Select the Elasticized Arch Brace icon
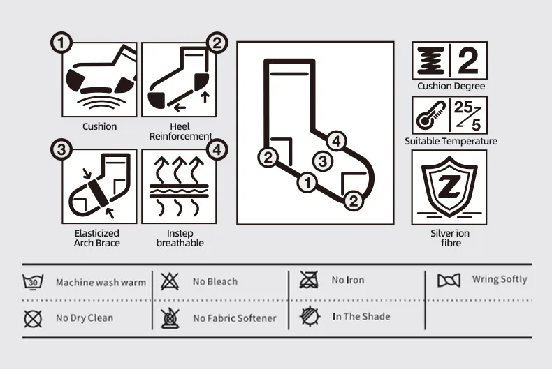(99, 186)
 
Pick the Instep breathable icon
(178, 186)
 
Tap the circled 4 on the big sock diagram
(336, 141)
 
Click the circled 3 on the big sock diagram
(321, 162)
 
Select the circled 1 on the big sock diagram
(305, 183)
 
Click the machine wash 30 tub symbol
(31, 282)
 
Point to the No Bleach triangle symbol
(168, 281)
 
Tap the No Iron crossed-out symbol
(308, 281)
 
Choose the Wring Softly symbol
(449, 281)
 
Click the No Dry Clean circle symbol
(31, 318)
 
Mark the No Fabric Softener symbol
(168, 318)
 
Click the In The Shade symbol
(308, 317)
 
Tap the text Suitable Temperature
(451, 141)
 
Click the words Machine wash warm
(101, 283)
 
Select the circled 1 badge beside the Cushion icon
(62, 43)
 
